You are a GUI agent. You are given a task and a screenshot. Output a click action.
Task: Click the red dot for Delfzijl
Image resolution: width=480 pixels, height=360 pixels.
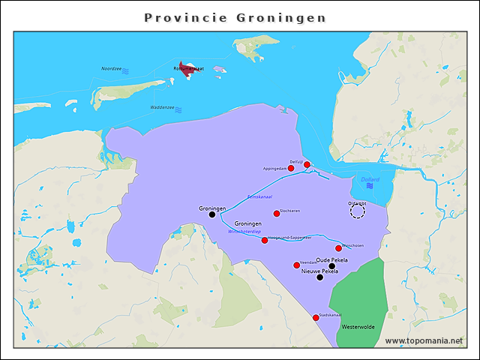(307, 164)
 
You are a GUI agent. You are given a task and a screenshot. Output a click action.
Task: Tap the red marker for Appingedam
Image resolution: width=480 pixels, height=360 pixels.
(291, 168)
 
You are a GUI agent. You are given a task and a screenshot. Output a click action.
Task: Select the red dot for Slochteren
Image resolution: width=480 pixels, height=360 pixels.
(277, 214)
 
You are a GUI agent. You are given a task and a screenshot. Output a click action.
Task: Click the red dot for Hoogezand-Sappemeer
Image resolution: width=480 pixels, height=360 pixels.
(265, 240)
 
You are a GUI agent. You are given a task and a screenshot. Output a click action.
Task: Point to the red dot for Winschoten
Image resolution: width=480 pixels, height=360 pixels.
(339, 248)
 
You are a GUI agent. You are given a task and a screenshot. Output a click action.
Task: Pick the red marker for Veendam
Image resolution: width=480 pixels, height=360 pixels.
(297, 265)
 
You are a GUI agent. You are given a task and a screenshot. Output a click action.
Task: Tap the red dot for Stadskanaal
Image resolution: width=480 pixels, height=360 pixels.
(316, 318)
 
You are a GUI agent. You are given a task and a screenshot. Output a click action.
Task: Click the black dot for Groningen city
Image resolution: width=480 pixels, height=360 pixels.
(212, 214)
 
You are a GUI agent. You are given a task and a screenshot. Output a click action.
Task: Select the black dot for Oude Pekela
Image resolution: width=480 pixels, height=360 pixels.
(332, 265)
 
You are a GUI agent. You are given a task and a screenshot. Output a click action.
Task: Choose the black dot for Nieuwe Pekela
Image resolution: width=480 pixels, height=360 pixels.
(320, 277)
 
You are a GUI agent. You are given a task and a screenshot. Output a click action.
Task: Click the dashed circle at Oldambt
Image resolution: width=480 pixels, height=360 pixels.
(358, 211)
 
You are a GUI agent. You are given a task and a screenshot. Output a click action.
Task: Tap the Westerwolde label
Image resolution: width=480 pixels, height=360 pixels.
(358, 327)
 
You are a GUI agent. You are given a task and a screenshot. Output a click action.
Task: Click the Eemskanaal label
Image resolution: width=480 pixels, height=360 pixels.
(259, 196)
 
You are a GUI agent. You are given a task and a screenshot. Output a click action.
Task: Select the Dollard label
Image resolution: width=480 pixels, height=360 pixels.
(370, 179)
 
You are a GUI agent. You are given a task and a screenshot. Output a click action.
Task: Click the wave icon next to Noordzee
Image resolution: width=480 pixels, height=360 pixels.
(126, 70)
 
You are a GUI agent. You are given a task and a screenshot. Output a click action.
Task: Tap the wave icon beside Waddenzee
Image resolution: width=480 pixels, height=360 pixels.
(179, 109)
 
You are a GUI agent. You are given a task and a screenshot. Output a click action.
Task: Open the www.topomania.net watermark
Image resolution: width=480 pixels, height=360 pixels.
(424, 340)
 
